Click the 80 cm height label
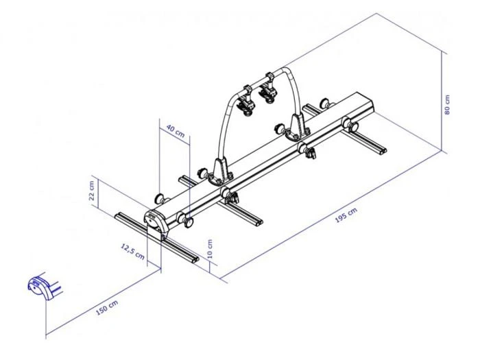coord(448,104)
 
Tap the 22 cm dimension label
coord(91,191)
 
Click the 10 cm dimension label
coord(211,248)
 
